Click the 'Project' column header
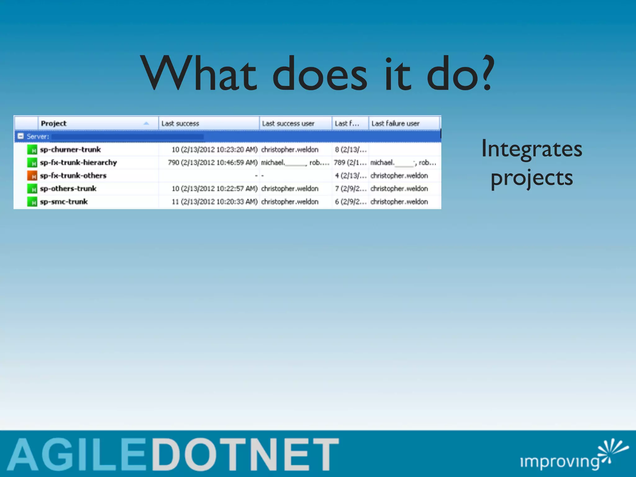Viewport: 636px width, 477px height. (54, 123)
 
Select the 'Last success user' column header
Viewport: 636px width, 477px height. (288, 123)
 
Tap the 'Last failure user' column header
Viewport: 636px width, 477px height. (395, 123)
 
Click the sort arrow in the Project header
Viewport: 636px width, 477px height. (146, 123)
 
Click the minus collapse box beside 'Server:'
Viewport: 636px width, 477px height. (20, 136)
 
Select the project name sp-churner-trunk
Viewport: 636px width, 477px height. (70, 149)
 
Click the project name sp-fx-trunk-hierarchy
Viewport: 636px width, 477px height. (78, 162)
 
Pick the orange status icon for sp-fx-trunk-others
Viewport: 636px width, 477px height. (32, 176)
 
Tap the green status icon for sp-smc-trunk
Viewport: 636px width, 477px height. (32, 202)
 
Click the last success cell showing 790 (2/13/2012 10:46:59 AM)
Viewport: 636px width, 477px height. (213, 162)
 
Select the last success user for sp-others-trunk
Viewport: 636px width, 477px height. (289, 189)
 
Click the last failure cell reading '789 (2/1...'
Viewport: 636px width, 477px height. (350, 162)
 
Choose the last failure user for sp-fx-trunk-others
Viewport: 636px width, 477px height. (399, 175)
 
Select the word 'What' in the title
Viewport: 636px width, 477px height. (199, 74)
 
